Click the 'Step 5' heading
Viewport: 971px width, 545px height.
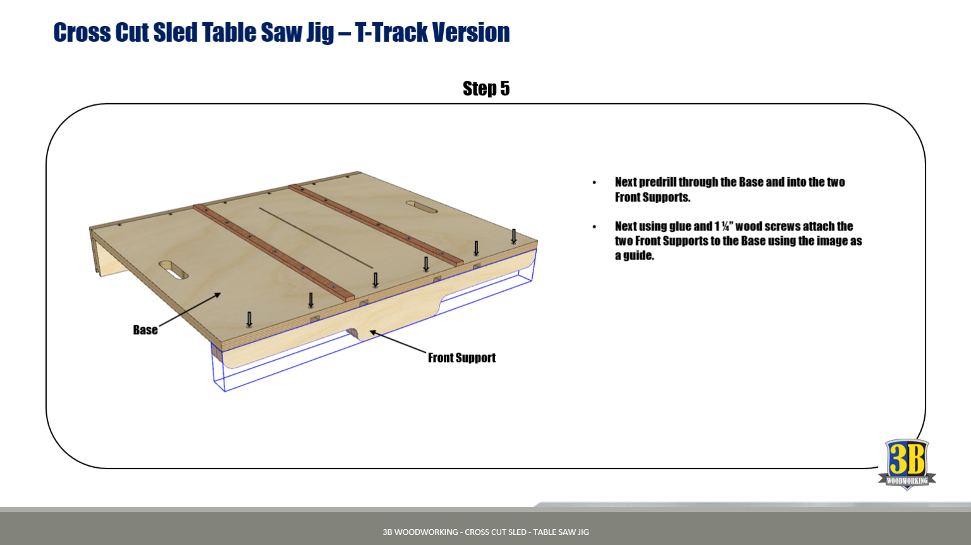click(485, 89)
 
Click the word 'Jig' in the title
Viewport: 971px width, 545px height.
click(320, 33)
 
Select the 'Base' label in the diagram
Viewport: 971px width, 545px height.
click(145, 330)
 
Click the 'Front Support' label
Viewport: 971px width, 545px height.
click(461, 358)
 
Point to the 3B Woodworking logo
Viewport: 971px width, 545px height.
click(907, 464)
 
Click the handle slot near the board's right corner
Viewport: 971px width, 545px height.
click(421, 207)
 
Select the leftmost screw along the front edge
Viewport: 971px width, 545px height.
click(249, 320)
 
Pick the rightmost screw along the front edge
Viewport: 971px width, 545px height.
click(514, 237)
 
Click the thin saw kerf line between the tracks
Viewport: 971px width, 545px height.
click(315, 237)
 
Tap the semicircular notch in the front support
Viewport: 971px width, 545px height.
click(352, 332)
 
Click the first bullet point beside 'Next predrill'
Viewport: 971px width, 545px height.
click(594, 183)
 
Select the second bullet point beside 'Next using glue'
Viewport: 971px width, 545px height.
click(594, 227)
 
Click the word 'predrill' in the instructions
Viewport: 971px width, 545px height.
click(657, 182)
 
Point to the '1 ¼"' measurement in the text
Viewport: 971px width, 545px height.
click(723, 227)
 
